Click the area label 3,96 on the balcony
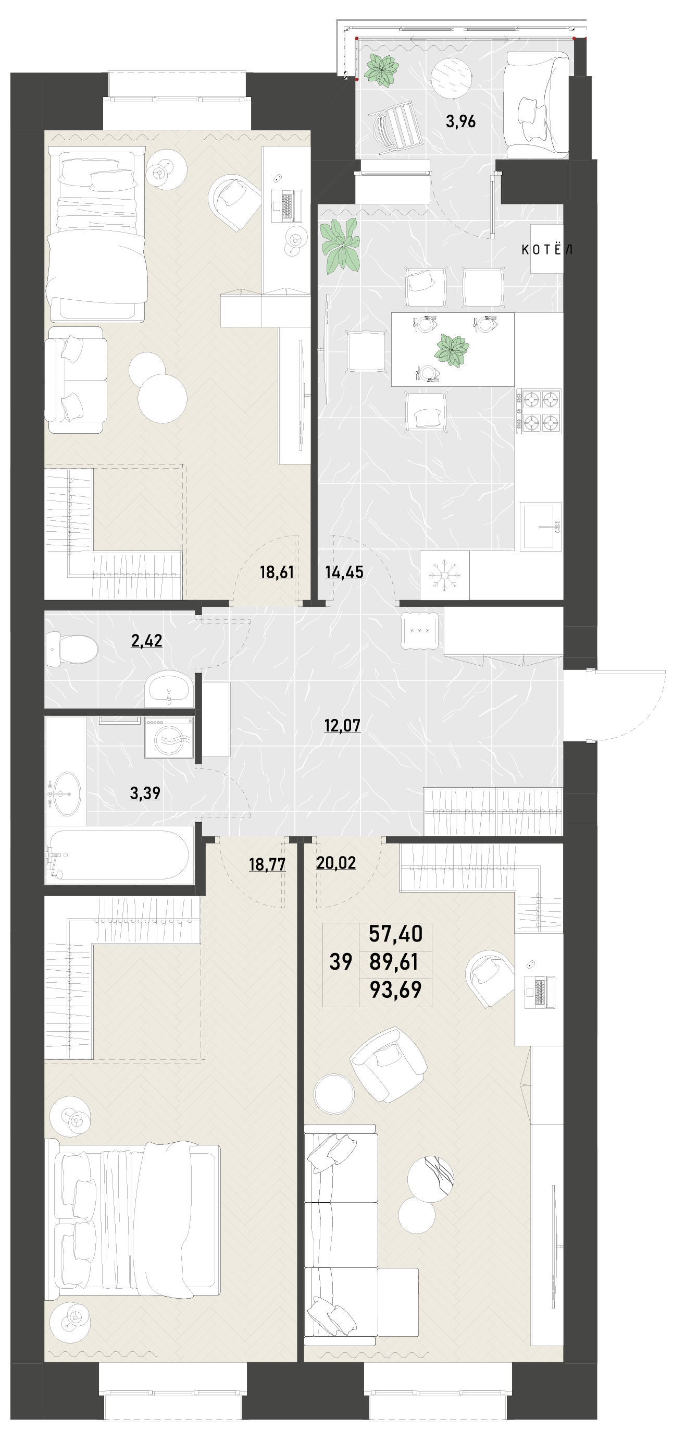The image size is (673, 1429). (460, 121)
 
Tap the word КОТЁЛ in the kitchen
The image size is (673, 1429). (546, 250)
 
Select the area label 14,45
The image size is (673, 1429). (344, 572)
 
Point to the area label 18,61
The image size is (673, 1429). (277, 572)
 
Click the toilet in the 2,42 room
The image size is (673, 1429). (71, 649)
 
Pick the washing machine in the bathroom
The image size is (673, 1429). (170, 737)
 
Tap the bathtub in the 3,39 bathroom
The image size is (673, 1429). (120, 855)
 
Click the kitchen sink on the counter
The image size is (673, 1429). (541, 527)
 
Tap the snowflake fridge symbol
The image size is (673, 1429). (445, 575)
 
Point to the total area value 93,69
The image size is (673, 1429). (395, 990)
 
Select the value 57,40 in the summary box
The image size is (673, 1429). (395, 934)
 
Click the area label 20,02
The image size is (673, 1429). (336, 863)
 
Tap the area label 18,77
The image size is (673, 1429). (267, 864)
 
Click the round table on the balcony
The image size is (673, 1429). (451, 78)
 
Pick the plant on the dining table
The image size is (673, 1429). (452, 350)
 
